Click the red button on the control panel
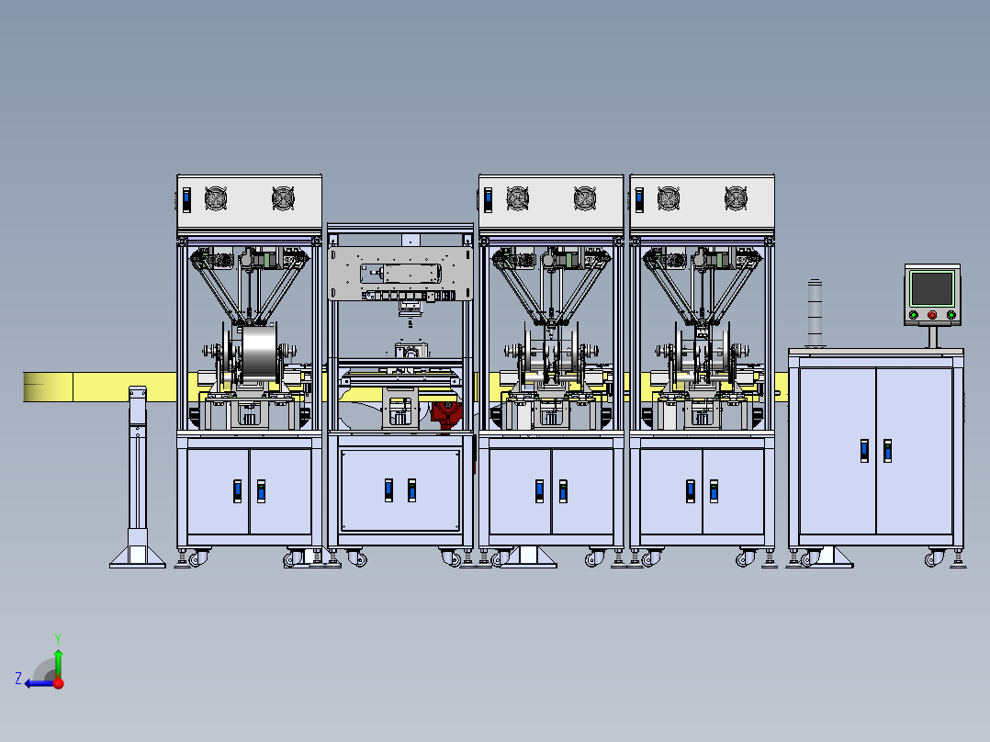pos(932,314)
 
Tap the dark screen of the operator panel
pos(932,288)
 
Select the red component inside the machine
pos(445,414)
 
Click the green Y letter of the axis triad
pos(58,638)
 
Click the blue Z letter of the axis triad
pos(18,679)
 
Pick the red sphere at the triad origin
pos(59,683)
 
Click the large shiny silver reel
pos(259,354)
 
